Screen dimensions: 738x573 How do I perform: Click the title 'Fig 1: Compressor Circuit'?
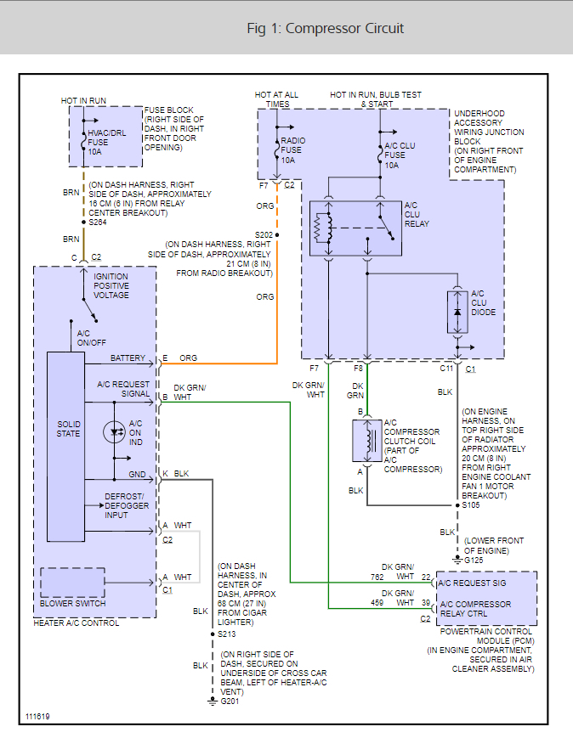(x=325, y=29)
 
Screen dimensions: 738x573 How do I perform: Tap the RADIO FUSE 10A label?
(x=292, y=150)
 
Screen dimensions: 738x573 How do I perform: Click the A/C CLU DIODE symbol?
(x=457, y=313)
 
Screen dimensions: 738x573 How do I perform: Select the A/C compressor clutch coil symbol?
(x=366, y=441)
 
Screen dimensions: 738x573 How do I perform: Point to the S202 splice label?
(x=264, y=234)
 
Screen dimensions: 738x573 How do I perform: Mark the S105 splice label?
(x=471, y=505)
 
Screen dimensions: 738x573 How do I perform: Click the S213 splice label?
(x=226, y=634)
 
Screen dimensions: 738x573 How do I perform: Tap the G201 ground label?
(x=230, y=701)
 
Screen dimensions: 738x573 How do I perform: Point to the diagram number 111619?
(x=37, y=717)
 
